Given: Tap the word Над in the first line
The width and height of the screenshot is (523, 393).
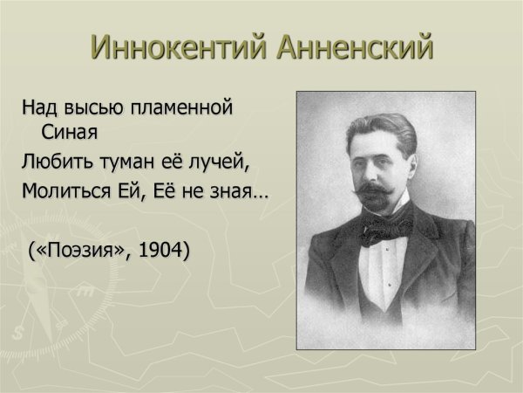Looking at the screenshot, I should tap(38, 110).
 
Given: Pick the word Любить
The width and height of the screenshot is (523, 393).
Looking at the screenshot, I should tap(55, 162).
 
